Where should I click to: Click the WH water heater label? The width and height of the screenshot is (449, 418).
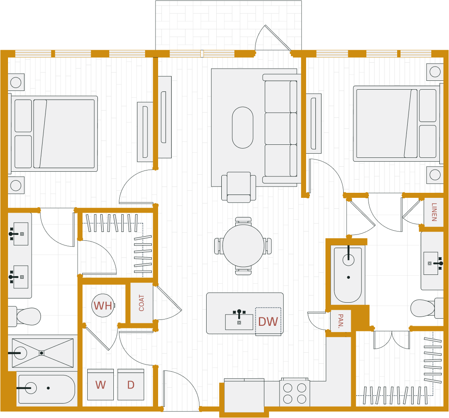coord(103,306)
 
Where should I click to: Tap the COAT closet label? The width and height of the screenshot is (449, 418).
coord(142,303)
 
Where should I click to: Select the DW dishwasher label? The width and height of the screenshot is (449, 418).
coord(268,322)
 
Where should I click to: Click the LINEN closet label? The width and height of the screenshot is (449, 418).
coord(434,212)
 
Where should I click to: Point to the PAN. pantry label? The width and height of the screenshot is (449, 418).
coord(341,321)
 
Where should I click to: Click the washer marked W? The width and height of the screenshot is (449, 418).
coord(100,385)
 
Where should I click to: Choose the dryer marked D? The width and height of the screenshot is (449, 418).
coord(131,385)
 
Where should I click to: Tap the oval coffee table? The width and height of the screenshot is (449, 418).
coord(243,128)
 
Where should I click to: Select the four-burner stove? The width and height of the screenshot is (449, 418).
coord(295,393)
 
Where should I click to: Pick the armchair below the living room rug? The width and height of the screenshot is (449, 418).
coord(239,186)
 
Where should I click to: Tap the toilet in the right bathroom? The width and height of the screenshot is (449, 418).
coord(425,308)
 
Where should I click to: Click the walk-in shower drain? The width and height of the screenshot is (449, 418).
coord(41,353)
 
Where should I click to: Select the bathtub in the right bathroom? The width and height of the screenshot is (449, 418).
coord(348,275)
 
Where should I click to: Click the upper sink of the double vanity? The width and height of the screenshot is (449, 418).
coord(20,234)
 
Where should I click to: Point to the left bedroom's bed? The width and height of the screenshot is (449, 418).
coord(54,133)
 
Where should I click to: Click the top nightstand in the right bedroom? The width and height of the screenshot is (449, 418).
coord(435,72)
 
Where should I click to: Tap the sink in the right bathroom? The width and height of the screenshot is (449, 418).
coord(431,263)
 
